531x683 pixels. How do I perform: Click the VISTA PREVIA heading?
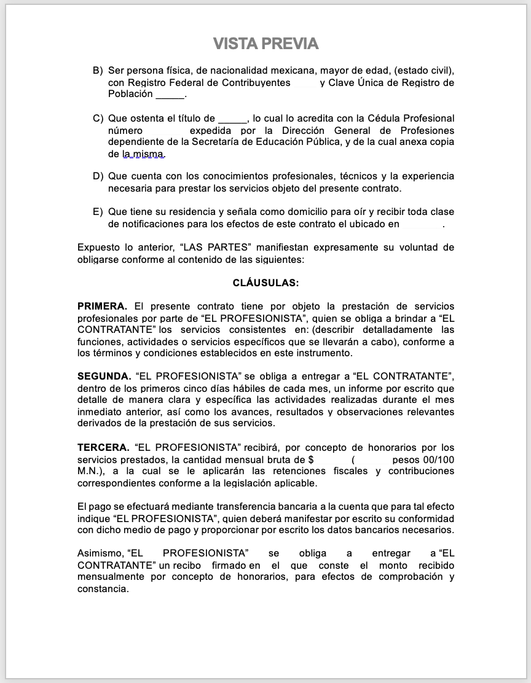(x=265, y=44)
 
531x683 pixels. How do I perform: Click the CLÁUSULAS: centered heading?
(x=265, y=283)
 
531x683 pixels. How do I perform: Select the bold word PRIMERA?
(x=102, y=306)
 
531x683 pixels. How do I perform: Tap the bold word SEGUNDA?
(x=104, y=377)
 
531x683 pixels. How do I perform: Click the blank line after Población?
(x=170, y=95)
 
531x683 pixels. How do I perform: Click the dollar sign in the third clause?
(x=311, y=460)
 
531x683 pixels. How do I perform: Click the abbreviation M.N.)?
(x=92, y=472)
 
